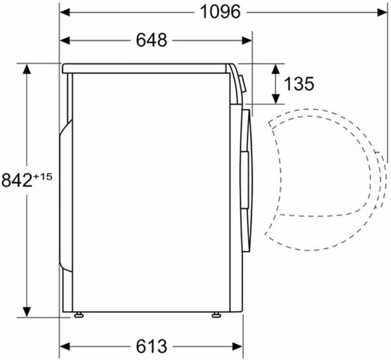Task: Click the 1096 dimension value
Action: [220, 12]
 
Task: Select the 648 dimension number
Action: [151, 40]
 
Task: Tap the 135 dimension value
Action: [300, 83]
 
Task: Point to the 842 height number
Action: [16, 181]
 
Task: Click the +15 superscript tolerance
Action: [42, 175]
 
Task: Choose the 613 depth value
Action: [151, 346]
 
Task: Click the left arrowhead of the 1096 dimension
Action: [65, 12]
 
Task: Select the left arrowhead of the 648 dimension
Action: [65, 40]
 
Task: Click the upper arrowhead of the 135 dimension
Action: [276, 68]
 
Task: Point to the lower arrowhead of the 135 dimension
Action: [276, 99]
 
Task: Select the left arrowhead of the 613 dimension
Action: [65, 346]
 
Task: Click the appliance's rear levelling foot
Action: [79, 315]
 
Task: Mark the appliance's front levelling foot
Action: [215, 315]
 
